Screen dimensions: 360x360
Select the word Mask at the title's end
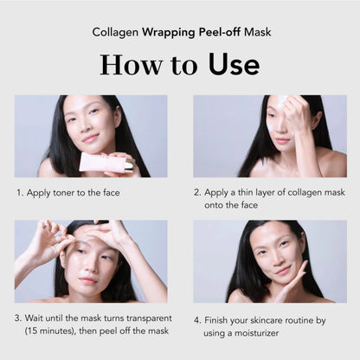(x=250, y=31)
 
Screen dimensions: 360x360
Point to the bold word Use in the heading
(x=229, y=65)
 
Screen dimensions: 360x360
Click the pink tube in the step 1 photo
(x=105, y=162)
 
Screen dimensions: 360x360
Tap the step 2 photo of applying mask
(x=270, y=136)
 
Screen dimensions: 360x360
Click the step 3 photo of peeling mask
(x=90, y=260)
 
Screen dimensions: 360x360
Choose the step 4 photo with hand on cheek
(x=270, y=260)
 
